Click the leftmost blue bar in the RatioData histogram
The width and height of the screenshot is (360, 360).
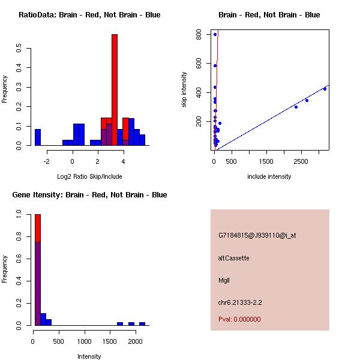coord(38,137)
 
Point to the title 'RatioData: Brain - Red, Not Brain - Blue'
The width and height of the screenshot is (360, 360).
coord(89,14)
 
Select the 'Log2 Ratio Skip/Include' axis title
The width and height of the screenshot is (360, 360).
coord(89,176)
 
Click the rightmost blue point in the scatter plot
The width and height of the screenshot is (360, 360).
coord(325,89)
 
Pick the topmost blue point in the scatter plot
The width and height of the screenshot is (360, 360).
coord(215,35)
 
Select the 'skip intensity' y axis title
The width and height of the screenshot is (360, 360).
coord(184,90)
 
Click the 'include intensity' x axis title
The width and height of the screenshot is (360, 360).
coord(269,176)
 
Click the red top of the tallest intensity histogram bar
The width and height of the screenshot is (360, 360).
coord(38,227)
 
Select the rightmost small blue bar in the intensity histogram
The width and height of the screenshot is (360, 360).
coord(142,323)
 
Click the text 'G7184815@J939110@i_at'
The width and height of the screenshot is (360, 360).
coord(257,235)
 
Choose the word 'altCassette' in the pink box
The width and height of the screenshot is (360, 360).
coord(233,258)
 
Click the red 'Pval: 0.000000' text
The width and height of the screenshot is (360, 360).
coord(239,319)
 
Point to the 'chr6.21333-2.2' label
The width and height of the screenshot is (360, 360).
coord(240,302)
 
